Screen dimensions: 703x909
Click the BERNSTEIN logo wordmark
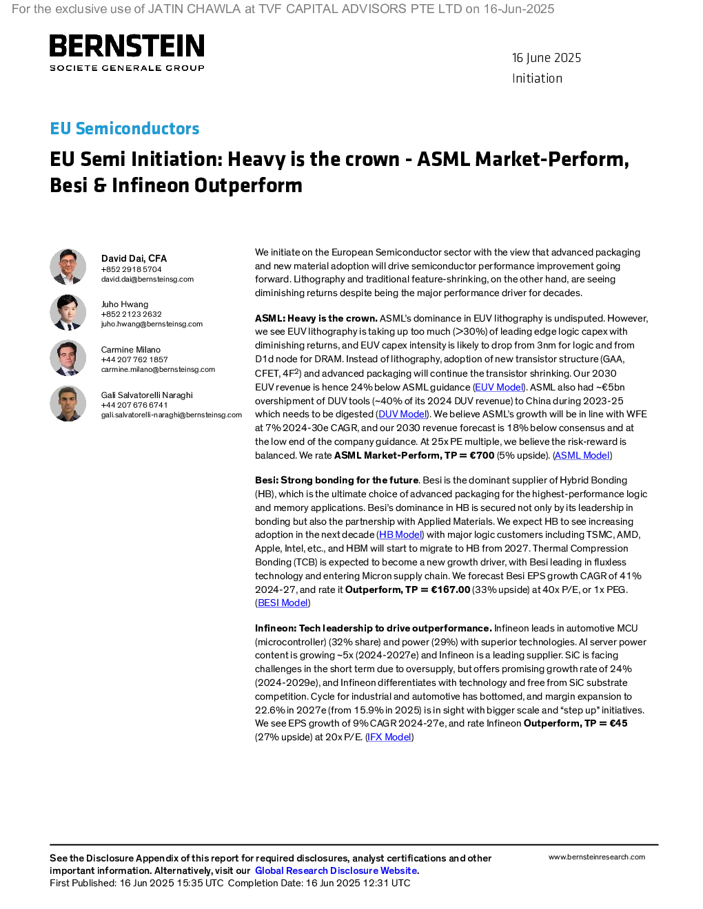pyautogui.click(x=127, y=45)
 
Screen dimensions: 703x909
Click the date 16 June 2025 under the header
pyautogui.click(x=546, y=58)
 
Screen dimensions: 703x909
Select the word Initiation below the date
pyautogui.click(x=537, y=79)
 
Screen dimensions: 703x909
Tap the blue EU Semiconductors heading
pyautogui.click(x=124, y=128)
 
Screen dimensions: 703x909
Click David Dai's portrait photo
pyautogui.click(x=68, y=267)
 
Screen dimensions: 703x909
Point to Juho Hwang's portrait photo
pyautogui.click(x=68, y=312)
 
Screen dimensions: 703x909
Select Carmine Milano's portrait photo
pyautogui.click(x=68, y=357)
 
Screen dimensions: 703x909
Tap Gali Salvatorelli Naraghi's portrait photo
pyautogui.click(x=68, y=404)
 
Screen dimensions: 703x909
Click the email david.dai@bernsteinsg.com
pyautogui.click(x=147, y=279)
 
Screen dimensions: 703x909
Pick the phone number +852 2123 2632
pyautogui.click(x=131, y=314)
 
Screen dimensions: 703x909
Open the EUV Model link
pyautogui.click(x=499, y=387)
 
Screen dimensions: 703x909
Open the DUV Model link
pyautogui.click(x=403, y=414)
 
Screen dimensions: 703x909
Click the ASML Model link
pyautogui.click(x=582, y=455)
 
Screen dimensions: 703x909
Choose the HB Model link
pyautogui.click(x=400, y=534)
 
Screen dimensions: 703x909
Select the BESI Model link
pyautogui.click(x=283, y=603)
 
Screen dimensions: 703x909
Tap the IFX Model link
pyautogui.click(x=389, y=737)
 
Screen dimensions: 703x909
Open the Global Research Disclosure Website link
pyautogui.click(x=336, y=870)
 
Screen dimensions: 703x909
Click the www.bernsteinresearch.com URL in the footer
pyautogui.click(x=597, y=857)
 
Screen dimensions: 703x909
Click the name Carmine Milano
pyautogui.click(x=131, y=349)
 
